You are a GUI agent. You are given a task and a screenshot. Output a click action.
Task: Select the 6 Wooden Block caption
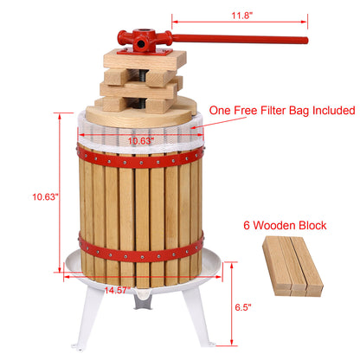point(283,226)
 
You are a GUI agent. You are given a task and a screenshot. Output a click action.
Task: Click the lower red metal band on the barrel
point(138,257)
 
